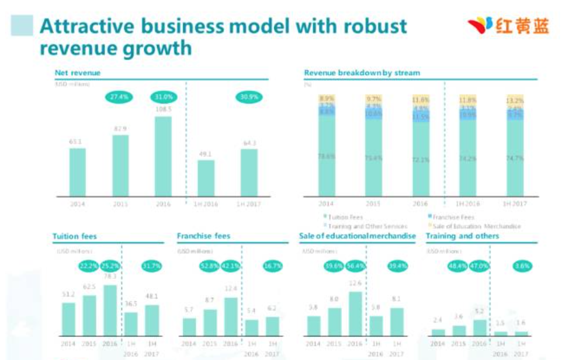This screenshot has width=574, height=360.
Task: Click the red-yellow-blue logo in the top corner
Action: tap(508, 26)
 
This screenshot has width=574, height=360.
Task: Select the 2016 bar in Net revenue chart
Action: tap(163, 156)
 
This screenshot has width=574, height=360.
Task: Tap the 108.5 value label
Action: tap(163, 109)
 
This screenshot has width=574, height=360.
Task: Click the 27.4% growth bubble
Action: tap(119, 97)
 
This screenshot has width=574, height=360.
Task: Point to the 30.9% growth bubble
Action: tap(249, 97)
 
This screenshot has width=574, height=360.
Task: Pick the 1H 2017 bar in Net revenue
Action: tap(249, 173)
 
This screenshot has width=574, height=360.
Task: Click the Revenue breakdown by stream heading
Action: tap(362, 73)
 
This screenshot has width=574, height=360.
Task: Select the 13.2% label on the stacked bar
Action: tap(515, 100)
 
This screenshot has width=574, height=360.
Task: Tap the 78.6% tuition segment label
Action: tap(326, 157)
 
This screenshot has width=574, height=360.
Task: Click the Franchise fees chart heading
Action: tap(203, 236)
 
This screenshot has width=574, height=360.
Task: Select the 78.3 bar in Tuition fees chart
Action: tap(110, 310)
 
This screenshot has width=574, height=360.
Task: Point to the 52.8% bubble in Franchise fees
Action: tap(209, 266)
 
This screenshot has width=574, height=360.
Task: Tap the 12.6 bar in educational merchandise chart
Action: tap(355, 314)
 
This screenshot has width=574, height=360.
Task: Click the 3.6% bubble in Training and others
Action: tap(522, 266)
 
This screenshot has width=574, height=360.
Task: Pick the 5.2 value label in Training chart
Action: tap(479, 312)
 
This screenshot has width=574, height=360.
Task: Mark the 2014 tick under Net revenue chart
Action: tap(78, 204)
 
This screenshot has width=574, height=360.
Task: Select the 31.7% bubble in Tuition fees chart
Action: tap(151, 266)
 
